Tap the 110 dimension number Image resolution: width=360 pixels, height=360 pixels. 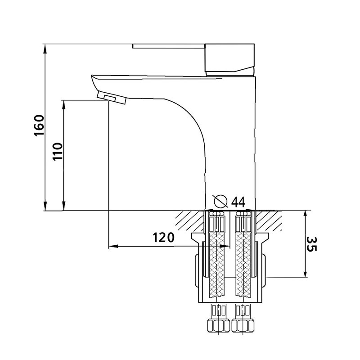[x=58, y=152]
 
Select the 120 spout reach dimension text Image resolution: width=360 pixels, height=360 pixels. [x=164, y=238]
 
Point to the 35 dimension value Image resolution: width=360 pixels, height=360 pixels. [x=311, y=244]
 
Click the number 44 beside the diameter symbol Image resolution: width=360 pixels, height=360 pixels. [x=238, y=202]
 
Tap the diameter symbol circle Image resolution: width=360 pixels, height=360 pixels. [x=220, y=201]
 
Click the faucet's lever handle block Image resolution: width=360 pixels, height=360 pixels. [x=229, y=60]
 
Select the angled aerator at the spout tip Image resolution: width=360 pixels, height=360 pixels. [x=112, y=97]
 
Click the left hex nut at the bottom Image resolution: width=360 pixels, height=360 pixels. [x=218, y=325]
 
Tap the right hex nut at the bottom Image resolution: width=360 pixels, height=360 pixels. [x=243, y=325]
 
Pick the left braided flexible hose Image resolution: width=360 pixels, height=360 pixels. [x=217, y=265]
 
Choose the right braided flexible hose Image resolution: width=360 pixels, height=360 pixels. [x=243, y=265]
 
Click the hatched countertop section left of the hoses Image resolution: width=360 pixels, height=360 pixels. [x=189, y=221]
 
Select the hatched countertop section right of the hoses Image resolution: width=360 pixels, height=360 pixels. [x=269, y=221]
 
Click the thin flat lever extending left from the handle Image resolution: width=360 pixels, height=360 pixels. [x=168, y=46]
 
